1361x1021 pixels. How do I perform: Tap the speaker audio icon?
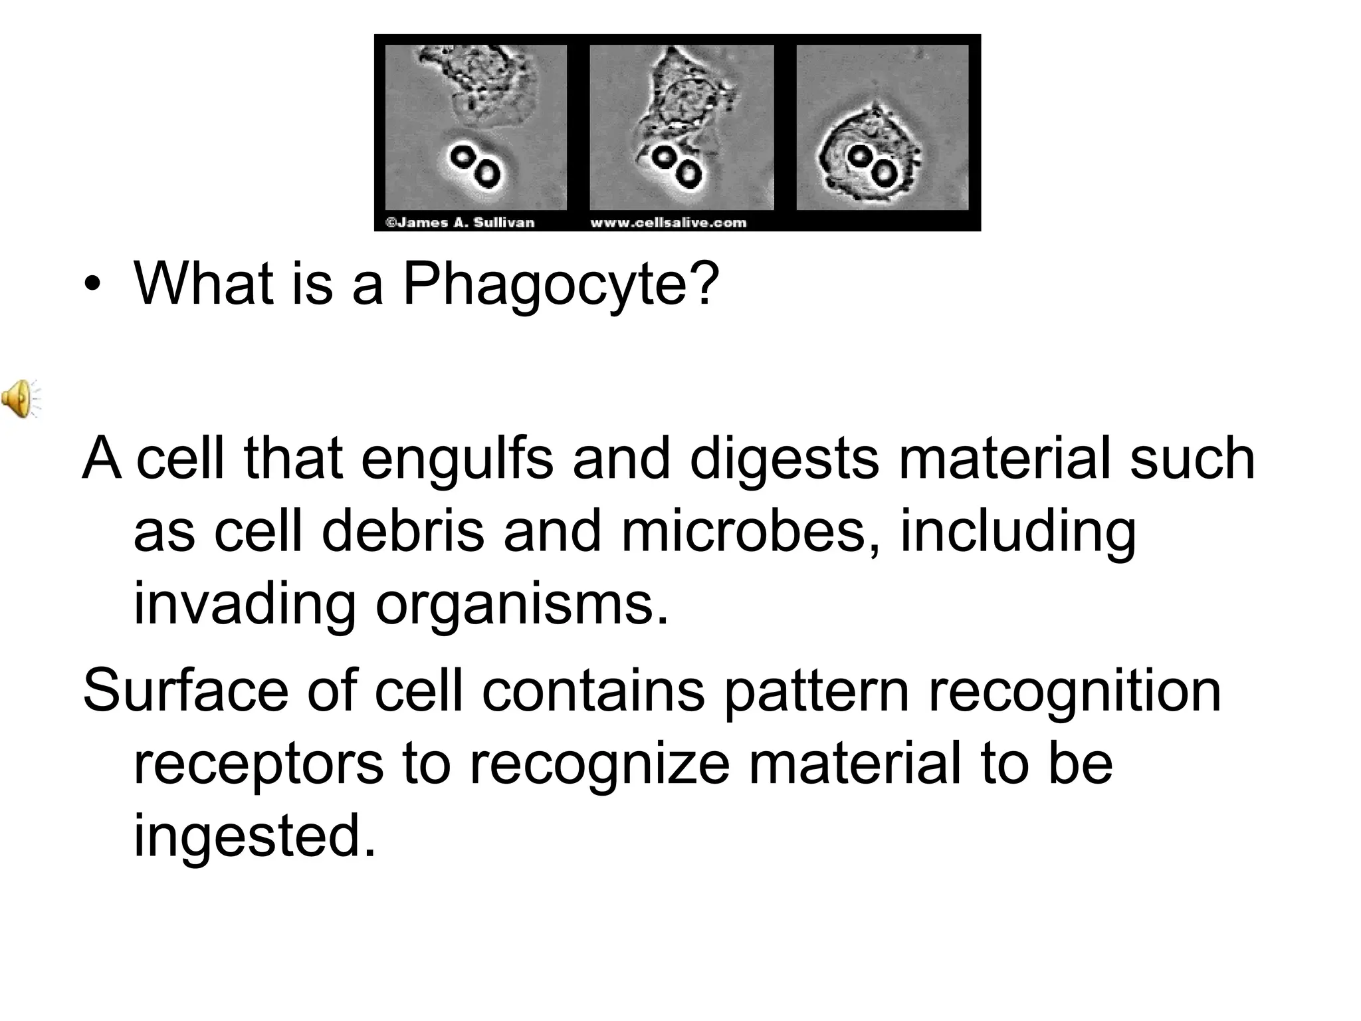pyautogui.click(x=21, y=399)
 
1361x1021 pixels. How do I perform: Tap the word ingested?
pyautogui.click(x=255, y=836)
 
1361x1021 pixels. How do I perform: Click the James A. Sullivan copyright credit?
pyautogui.click(x=460, y=223)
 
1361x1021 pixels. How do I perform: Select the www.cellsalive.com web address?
pyautogui.click(x=668, y=223)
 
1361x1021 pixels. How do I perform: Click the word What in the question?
pyautogui.click(x=204, y=284)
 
